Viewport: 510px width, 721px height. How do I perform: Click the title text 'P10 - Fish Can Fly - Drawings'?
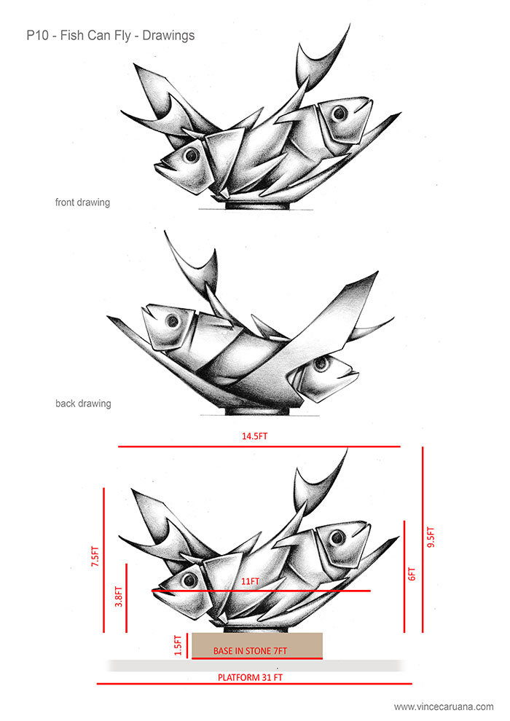coord(110,34)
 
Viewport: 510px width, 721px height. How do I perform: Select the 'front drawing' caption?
coord(82,202)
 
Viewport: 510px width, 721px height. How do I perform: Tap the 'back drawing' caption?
coord(82,403)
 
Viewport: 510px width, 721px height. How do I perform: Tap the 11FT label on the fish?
coord(249,581)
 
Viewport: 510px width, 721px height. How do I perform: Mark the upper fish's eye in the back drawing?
coord(173,320)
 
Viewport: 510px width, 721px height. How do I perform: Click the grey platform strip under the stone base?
coord(146,665)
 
